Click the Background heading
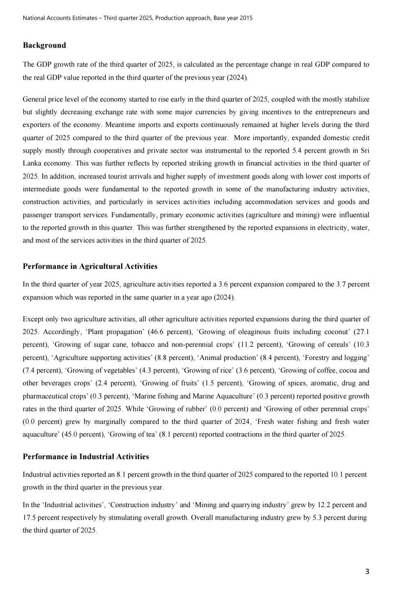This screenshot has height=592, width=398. [x=44, y=46]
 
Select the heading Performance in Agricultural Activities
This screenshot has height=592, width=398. [x=90, y=267]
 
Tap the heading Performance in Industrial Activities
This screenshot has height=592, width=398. [x=86, y=457]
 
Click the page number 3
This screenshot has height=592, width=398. [x=367, y=571]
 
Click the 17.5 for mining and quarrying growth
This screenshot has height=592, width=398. [x=29, y=518]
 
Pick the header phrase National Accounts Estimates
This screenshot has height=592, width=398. [x=60, y=18]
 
